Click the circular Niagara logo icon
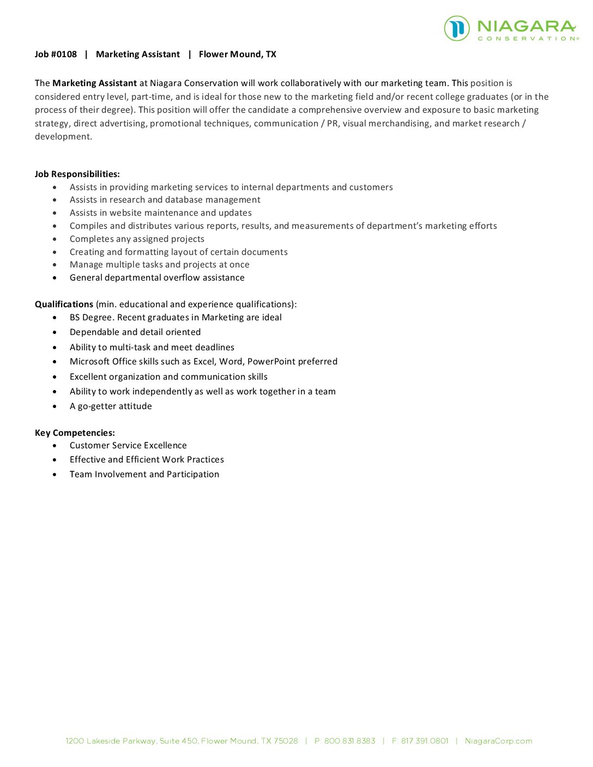pos(457,28)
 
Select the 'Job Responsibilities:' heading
pos(77,174)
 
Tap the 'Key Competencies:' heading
pos(75,433)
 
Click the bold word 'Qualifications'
pos(64,305)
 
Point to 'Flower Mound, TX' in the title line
pos(238,54)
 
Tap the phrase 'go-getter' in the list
pos(97,406)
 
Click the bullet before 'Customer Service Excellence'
pos(55,446)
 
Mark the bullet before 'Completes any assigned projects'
pos(55,239)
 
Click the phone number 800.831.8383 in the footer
pos(350,741)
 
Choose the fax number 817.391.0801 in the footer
pos(425,741)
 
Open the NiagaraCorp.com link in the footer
pos(498,741)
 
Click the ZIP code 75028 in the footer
pos(286,741)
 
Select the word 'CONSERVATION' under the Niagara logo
pos(528,39)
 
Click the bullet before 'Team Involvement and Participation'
pos(55,474)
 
